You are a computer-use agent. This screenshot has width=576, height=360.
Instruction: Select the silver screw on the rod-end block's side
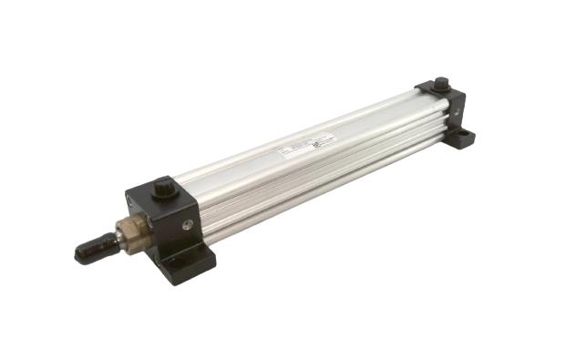tap(188, 224)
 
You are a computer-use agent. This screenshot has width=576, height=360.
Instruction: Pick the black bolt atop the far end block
tap(441, 84)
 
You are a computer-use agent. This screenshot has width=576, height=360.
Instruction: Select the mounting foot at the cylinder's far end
tap(461, 138)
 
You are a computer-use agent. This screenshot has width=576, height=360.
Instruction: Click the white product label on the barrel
tap(306, 145)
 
